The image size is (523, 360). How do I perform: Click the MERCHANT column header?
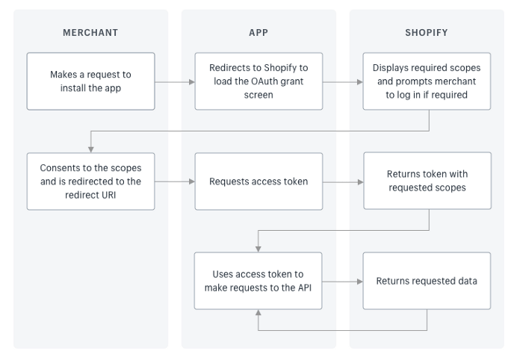[90, 33]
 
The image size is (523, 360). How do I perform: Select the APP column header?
[259, 33]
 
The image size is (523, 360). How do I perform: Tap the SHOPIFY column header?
[427, 33]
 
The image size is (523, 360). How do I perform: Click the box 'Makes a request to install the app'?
[90, 81]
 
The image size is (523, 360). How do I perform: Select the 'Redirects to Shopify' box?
[259, 81]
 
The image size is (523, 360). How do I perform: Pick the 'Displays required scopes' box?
[427, 81]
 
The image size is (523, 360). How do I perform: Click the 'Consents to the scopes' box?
[90, 181]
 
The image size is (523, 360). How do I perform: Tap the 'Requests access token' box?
[259, 181]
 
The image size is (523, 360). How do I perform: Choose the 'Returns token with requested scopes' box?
[427, 181]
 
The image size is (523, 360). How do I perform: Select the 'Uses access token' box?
[259, 281]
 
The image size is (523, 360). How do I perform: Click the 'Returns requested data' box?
[427, 281]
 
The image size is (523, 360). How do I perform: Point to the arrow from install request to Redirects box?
[175, 81]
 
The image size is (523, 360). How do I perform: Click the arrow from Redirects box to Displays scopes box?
[343, 81]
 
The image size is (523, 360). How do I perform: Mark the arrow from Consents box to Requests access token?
[175, 181]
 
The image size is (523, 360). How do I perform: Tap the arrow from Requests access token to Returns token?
[343, 181]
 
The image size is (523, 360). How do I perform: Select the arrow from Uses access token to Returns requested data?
[343, 282]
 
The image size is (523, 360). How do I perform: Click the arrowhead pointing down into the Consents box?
[90, 149]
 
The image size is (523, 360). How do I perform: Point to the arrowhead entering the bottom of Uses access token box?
[259, 314]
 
